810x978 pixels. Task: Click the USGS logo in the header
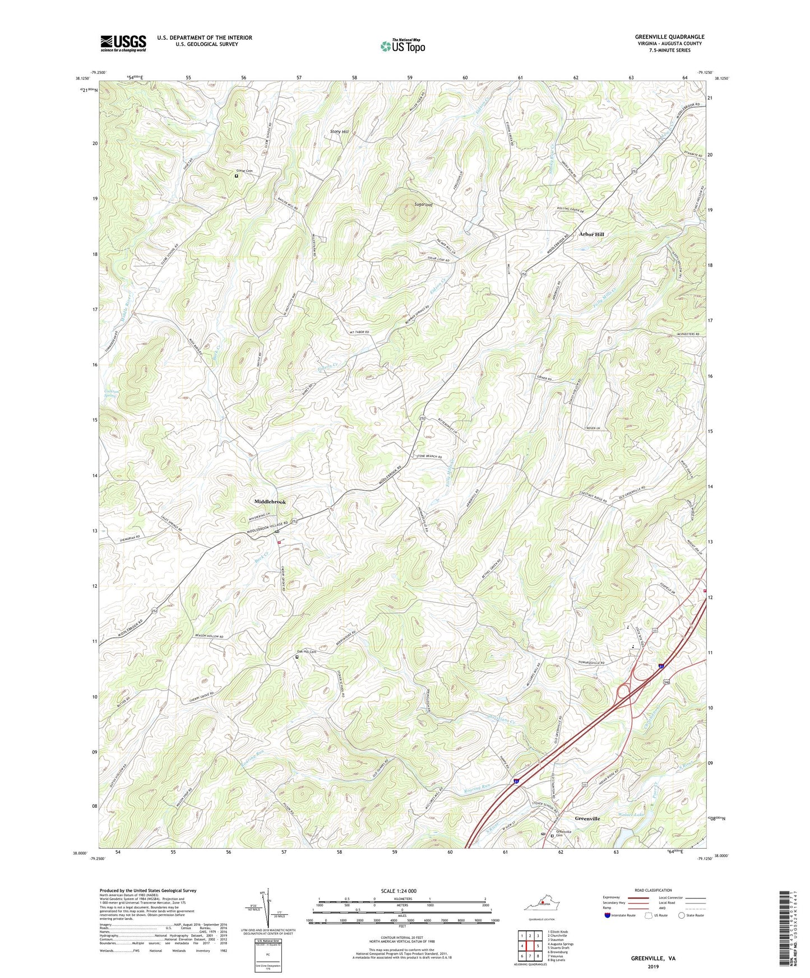[x=123, y=43]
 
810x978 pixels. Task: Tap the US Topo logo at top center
[x=402, y=46]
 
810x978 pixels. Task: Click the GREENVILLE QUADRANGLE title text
[x=661, y=37]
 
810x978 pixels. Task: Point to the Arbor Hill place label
[x=591, y=234]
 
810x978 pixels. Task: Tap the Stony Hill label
[x=339, y=132]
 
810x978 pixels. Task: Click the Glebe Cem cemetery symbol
[x=236, y=176]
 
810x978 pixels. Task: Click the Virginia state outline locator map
[x=541, y=905]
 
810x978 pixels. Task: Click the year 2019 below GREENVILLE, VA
[x=653, y=966]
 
